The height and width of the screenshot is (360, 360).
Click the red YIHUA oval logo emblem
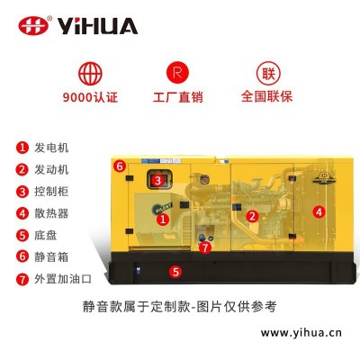[33, 25]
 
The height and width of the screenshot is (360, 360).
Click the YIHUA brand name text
[97, 26]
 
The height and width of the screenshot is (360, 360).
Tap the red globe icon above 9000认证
[90, 74]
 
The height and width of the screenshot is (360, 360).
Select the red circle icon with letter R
[177, 73]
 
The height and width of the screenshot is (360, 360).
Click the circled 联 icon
[268, 73]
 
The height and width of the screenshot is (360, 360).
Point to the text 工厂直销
[178, 97]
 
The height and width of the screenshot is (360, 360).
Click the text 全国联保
[266, 96]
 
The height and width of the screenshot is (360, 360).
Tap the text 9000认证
[90, 97]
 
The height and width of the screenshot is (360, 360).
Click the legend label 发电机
[51, 148]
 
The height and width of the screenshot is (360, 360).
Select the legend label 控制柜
[51, 192]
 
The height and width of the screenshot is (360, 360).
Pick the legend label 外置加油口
[63, 279]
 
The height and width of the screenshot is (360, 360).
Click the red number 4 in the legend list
[22, 213]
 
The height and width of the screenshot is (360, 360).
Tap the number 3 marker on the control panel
[157, 180]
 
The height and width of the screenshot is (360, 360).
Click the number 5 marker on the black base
[175, 272]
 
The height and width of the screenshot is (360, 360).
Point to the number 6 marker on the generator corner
[120, 166]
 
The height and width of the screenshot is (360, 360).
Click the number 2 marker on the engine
[252, 216]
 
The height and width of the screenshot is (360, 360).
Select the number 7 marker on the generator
[205, 247]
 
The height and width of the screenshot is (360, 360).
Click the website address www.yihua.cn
[301, 333]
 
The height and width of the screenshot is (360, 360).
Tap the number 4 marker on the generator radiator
[319, 211]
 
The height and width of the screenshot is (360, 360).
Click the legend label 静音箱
[51, 257]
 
